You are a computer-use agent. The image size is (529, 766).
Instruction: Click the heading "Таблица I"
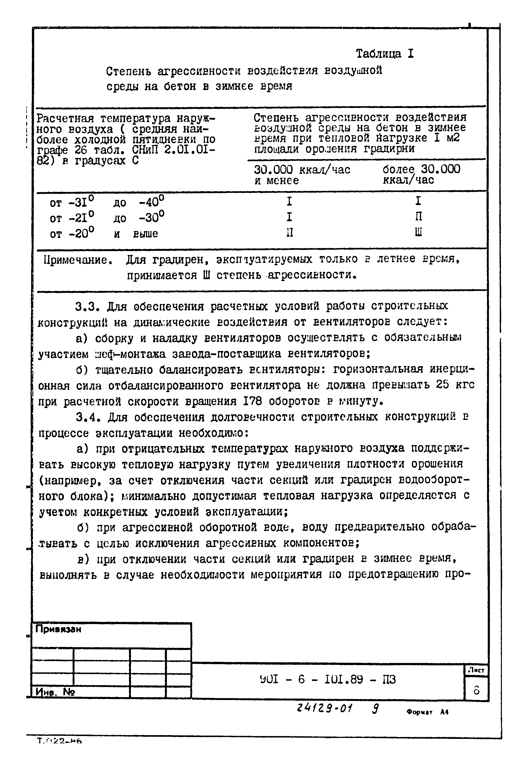[384, 54]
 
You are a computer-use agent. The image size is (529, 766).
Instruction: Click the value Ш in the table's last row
[418, 233]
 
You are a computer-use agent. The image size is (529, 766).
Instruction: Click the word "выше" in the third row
[145, 234]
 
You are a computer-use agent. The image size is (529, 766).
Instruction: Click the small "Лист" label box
[476, 670]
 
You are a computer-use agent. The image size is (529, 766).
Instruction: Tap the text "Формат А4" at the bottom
[427, 712]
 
